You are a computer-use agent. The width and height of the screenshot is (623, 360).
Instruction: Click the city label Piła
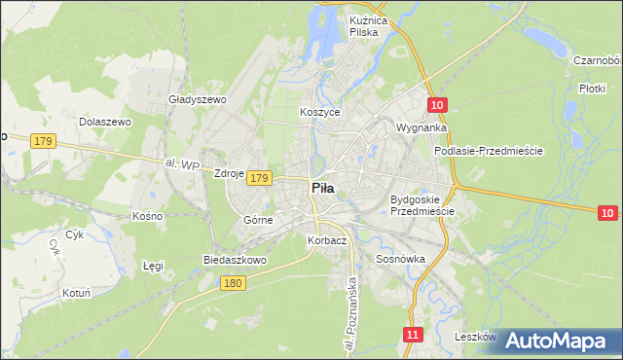(323, 189)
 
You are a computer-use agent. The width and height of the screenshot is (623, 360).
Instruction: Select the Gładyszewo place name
(198, 99)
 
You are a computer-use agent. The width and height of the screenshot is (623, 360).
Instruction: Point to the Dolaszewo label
(104, 122)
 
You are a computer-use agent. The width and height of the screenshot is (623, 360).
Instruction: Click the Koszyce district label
(319, 112)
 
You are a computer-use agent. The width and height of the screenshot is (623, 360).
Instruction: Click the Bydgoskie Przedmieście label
(422, 205)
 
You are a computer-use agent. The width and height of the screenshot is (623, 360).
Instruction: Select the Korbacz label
(326, 240)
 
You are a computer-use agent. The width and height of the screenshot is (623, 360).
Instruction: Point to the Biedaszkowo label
(235, 260)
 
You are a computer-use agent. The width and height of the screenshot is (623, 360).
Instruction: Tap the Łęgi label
(154, 265)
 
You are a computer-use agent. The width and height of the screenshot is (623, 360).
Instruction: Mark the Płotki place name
(592, 89)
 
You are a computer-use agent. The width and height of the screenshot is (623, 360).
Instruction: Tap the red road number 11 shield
(414, 334)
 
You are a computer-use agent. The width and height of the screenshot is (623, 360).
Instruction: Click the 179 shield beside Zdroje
(258, 178)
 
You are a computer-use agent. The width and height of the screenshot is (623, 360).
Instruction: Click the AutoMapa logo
(555, 341)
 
